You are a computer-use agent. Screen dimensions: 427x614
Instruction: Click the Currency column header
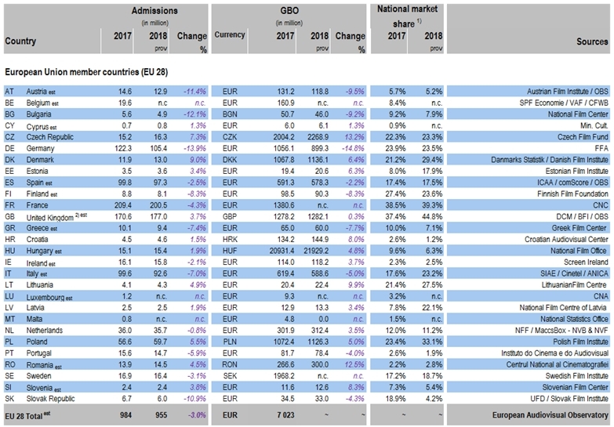(x=230, y=35)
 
